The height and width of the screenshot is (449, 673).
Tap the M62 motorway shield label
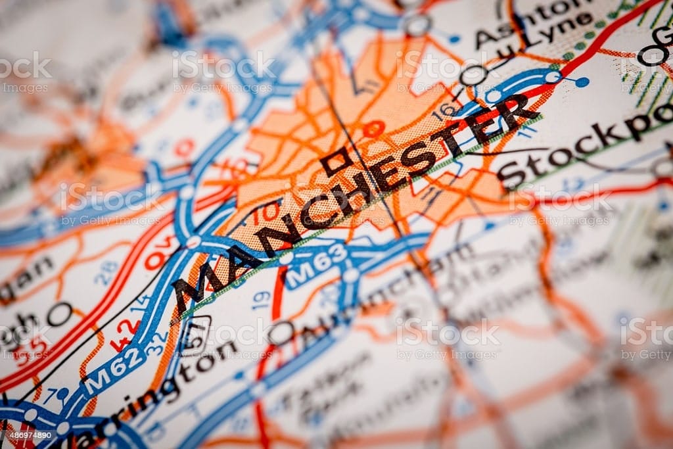(x=117, y=370)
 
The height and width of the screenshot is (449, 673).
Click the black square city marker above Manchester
(x=337, y=160)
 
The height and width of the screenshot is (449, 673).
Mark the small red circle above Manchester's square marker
(x=374, y=129)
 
